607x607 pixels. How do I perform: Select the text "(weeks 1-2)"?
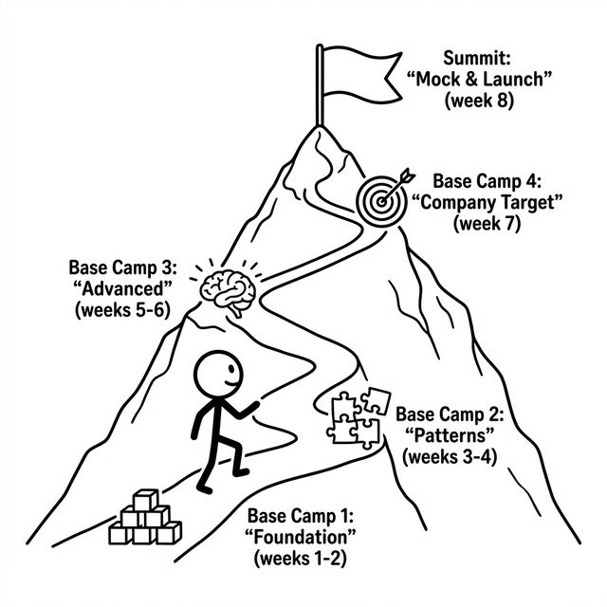tap(300, 558)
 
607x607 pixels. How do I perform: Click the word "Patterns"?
tap(451, 435)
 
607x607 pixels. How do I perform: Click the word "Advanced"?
tap(120, 288)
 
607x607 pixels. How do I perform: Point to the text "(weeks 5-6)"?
tap(120, 309)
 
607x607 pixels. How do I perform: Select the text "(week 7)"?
tap(485, 224)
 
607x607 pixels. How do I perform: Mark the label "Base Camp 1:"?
tap(300, 517)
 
